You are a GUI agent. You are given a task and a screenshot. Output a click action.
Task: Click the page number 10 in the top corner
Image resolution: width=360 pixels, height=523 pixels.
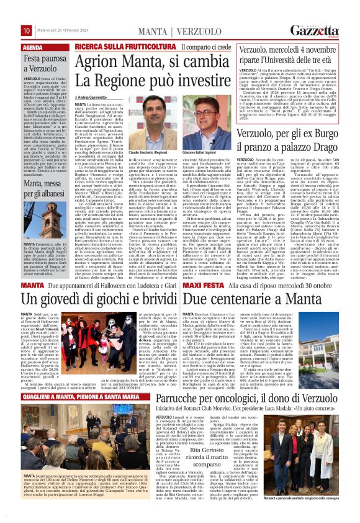tap(27, 30)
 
